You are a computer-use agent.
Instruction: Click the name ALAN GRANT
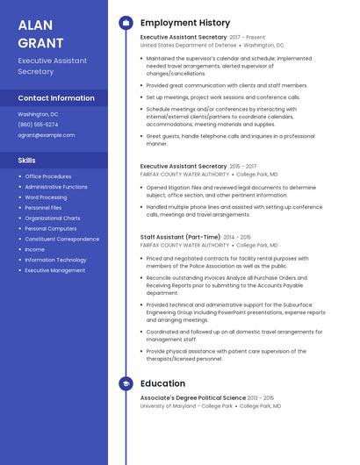(40, 34)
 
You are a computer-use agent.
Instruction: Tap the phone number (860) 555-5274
(38, 125)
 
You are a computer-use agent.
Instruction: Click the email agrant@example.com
(47, 135)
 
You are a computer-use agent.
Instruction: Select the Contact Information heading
(56, 98)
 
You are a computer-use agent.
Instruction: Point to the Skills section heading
(27, 160)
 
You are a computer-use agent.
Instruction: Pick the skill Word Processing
(46, 197)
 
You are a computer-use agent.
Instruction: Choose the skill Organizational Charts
(53, 218)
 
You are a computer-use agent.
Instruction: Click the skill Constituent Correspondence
(62, 239)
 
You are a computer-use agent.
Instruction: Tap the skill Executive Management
(55, 270)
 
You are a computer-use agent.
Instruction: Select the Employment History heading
(185, 23)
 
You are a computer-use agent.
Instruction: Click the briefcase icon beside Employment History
(126, 23)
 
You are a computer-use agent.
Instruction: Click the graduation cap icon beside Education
(126, 383)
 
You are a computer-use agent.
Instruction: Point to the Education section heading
(162, 383)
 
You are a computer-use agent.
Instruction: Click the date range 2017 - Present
(248, 38)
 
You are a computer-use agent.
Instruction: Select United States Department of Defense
(188, 45)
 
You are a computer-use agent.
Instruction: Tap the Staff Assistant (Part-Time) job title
(180, 237)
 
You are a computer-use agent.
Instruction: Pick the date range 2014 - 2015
(237, 237)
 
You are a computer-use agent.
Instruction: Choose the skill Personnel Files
(42, 208)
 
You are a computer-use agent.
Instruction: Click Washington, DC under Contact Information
(39, 114)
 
